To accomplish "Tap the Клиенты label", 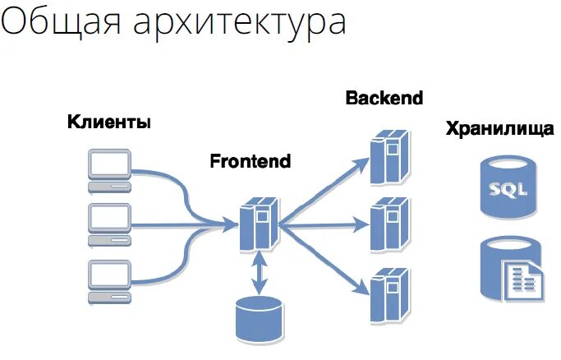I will click(109, 124).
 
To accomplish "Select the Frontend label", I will click(251, 160).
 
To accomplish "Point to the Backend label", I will click(384, 99).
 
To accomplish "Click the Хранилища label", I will click(499, 129).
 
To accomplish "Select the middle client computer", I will click(109, 224).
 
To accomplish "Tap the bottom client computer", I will click(109, 279).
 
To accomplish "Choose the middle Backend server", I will click(389, 223).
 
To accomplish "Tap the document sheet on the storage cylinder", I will click(523, 279).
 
